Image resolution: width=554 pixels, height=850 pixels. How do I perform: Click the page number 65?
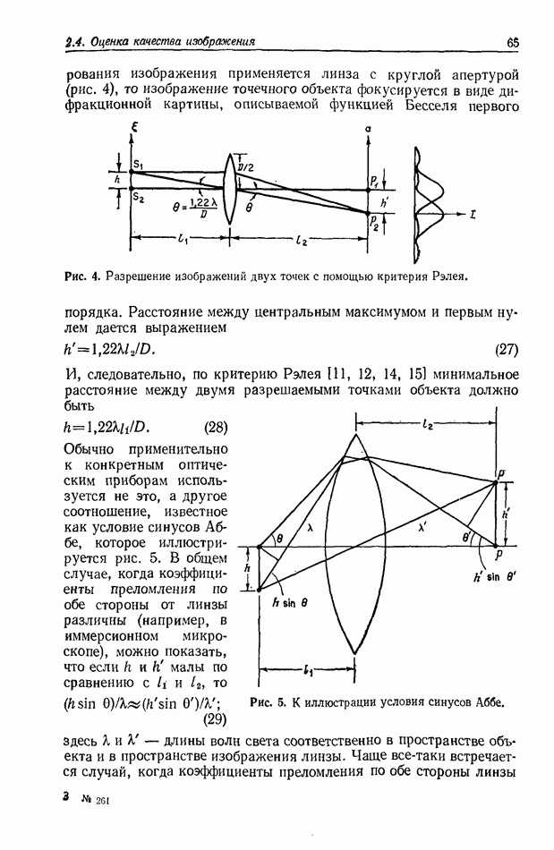pyautogui.click(x=512, y=41)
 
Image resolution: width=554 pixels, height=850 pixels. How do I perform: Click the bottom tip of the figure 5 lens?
pyautogui.click(x=354, y=653)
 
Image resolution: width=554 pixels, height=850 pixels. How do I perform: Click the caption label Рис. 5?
pyautogui.click(x=268, y=701)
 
